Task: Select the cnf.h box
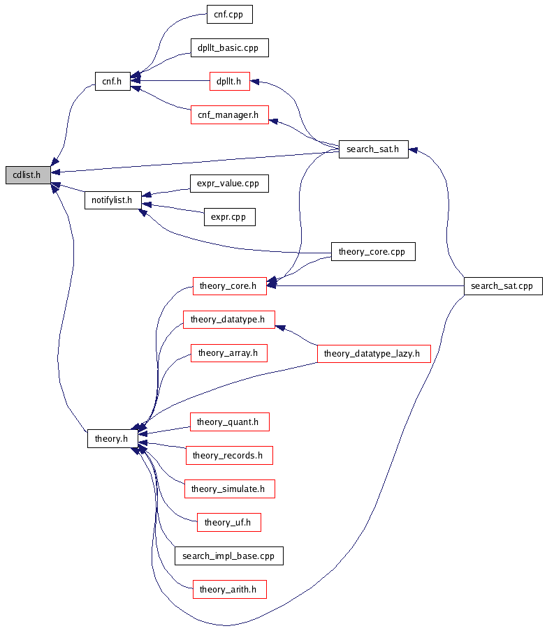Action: [112, 81]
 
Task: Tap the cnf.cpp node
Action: [229, 14]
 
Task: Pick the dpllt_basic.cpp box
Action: [228, 47]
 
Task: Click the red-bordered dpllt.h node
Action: [229, 81]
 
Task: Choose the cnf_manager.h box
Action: [229, 114]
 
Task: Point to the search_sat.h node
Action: [373, 148]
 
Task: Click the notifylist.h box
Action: [112, 200]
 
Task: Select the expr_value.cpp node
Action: [228, 184]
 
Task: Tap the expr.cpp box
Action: [228, 217]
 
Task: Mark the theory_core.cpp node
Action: [372, 251]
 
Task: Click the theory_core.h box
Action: [228, 285]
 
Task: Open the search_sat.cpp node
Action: [502, 285]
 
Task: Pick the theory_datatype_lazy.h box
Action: [373, 354]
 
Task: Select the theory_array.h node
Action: [228, 353]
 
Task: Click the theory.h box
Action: [112, 438]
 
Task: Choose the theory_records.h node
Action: [228, 456]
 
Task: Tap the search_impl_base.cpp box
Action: [228, 556]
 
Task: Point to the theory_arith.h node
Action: [228, 590]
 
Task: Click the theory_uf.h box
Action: [228, 522]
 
